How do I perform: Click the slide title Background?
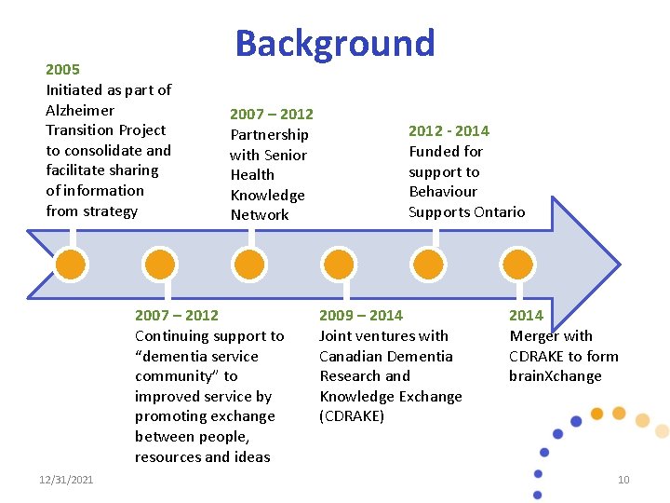click(x=334, y=43)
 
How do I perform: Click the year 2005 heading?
click(x=63, y=69)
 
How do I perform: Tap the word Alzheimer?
click(x=79, y=110)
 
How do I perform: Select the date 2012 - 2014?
click(x=449, y=131)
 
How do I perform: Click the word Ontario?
click(x=500, y=211)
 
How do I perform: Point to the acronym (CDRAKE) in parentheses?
click(x=352, y=416)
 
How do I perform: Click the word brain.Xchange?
click(x=555, y=376)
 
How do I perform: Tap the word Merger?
click(x=535, y=336)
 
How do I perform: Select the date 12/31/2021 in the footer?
click(x=66, y=480)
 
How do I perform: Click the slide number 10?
click(x=623, y=480)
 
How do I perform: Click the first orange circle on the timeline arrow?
click(x=70, y=265)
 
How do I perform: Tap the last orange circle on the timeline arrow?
click(x=516, y=265)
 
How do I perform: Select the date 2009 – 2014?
click(x=361, y=316)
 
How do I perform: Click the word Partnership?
click(x=269, y=134)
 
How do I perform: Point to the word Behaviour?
click(x=443, y=192)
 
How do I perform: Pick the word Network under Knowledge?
click(x=260, y=215)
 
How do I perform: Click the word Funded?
click(x=434, y=152)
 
